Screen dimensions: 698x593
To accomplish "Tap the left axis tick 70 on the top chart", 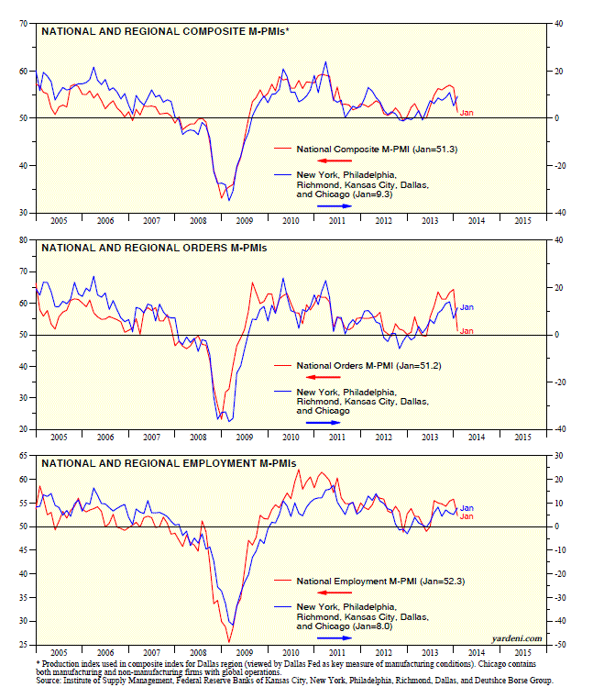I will click(22, 24).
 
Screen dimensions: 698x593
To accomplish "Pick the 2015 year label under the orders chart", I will click(521, 438).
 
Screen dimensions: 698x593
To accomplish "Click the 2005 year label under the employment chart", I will click(58, 654).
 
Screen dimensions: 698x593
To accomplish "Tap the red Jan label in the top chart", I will click(466, 113).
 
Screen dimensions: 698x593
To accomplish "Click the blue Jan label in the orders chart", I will click(466, 306).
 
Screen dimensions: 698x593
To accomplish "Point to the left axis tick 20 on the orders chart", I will click(22, 429).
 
